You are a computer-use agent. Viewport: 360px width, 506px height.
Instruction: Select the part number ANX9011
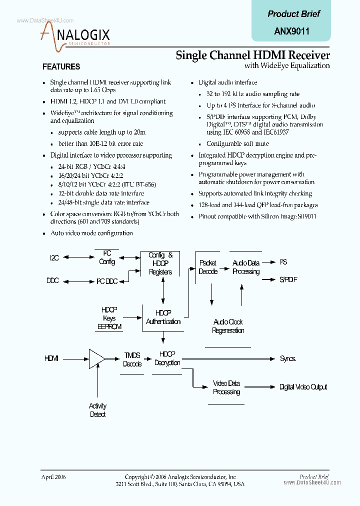click(x=292, y=31)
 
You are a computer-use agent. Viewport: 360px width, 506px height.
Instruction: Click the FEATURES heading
click(x=61, y=66)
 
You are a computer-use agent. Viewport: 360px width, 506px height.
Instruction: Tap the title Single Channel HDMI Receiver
click(x=252, y=55)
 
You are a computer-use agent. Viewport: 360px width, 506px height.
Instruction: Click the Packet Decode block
click(x=208, y=267)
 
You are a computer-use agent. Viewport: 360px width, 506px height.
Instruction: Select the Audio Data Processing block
click(x=246, y=267)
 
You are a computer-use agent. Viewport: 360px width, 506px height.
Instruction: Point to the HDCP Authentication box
click(x=163, y=317)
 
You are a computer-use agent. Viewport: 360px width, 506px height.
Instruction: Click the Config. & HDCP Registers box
click(x=160, y=263)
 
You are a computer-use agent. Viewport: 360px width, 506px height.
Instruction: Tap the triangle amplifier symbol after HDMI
click(x=96, y=358)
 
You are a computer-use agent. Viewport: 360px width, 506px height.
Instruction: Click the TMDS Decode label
click(x=132, y=359)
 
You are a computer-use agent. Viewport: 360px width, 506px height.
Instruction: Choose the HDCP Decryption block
click(x=167, y=358)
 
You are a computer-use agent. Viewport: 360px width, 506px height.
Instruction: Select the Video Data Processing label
click(x=226, y=387)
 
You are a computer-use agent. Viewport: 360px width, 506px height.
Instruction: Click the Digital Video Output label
click(x=303, y=387)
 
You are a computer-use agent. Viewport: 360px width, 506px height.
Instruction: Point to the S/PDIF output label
click(x=288, y=279)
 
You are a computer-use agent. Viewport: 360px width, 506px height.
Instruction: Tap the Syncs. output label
click(x=288, y=358)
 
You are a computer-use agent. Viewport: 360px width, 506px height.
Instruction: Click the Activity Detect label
click(x=97, y=410)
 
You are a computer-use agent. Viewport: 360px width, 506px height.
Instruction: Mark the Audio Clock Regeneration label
click(x=228, y=326)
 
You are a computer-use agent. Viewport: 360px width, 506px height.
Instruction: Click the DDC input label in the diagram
click(x=52, y=280)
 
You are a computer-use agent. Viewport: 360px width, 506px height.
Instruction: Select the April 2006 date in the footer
click(x=53, y=477)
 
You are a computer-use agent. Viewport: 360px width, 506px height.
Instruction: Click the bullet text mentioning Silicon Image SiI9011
click(x=257, y=216)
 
